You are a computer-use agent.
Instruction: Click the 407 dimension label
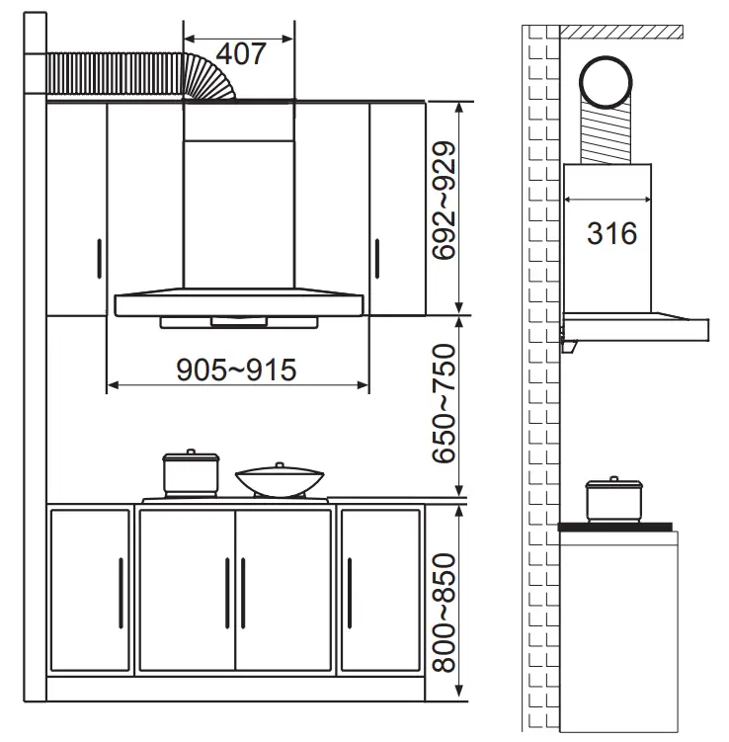pyautogui.click(x=240, y=53)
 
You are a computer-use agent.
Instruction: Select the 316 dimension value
pyautogui.click(x=611, y=234)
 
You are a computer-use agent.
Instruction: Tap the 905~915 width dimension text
pyautogui.click(x=236, y=370)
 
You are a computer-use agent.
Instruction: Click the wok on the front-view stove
pyautogui.click(x=280, y=482)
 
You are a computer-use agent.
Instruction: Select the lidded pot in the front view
pyautogui.click(x=191, y=474)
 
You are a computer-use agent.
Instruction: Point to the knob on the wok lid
pyautogui.click(x=280, y=464)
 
